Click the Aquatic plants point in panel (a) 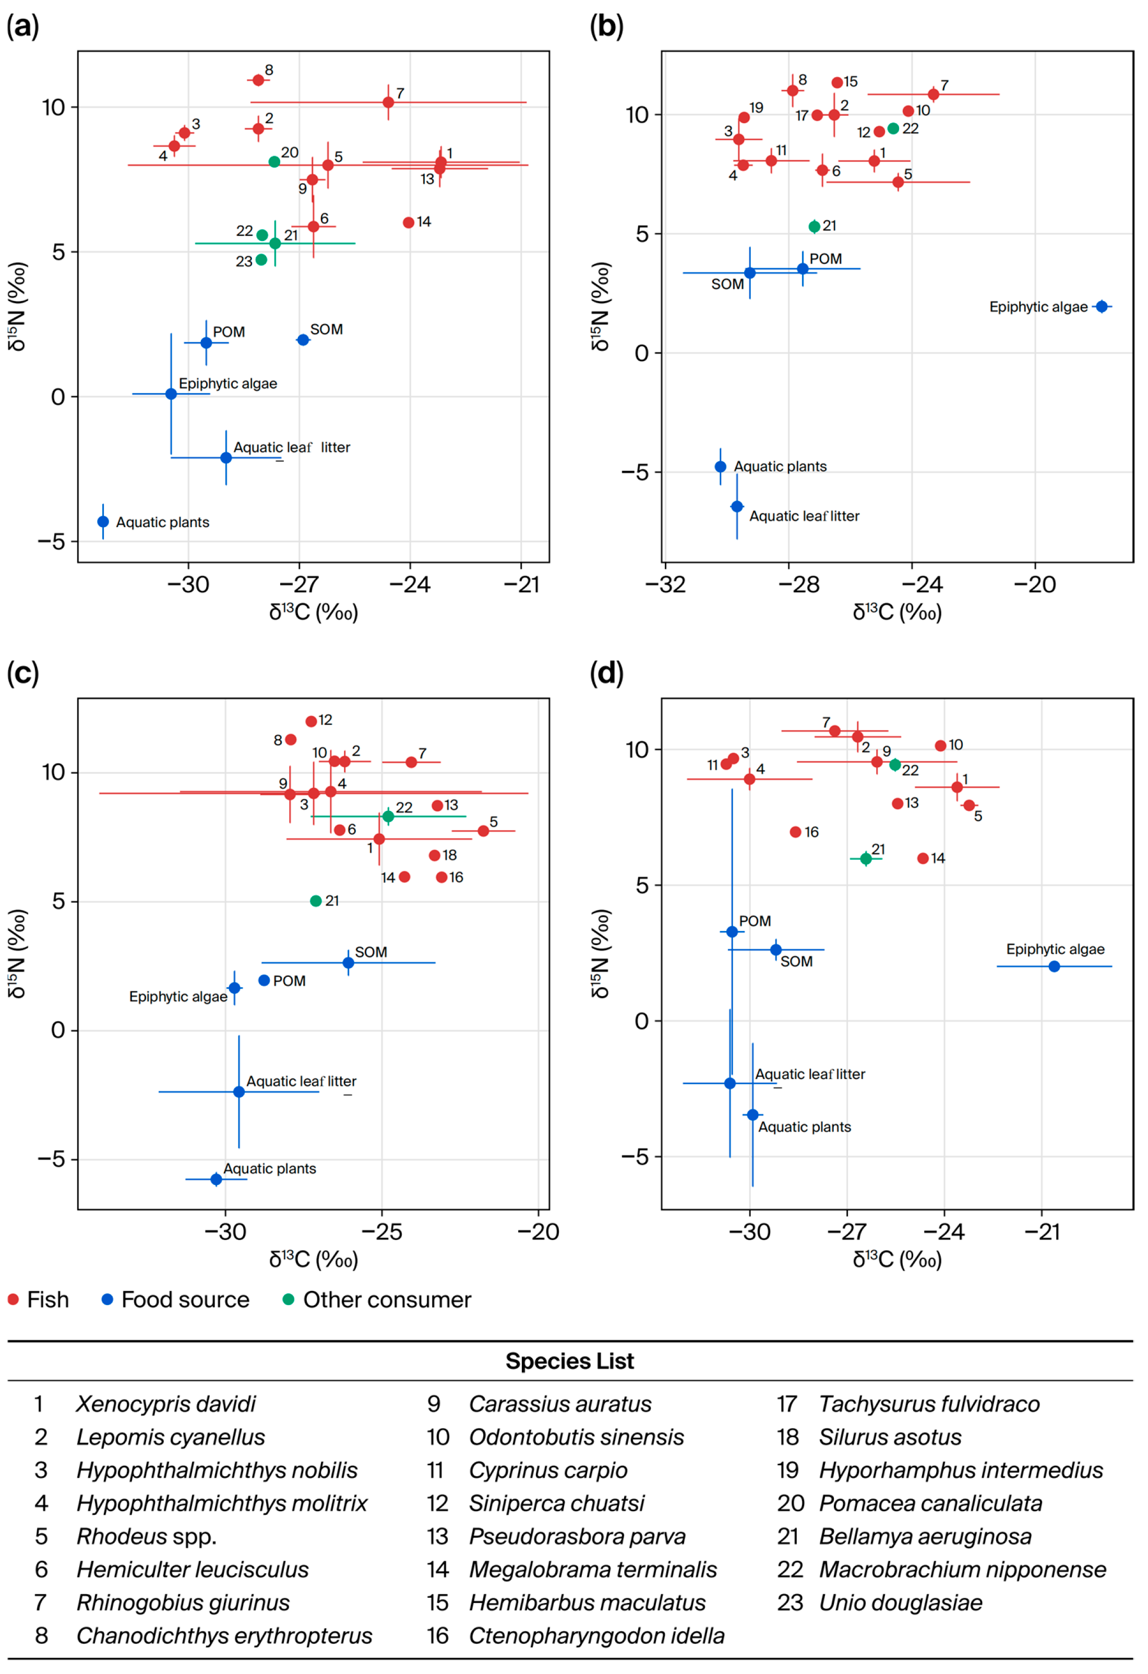coord(103,521)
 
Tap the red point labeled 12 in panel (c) coord(311,721)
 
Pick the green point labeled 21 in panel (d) coord(866,858)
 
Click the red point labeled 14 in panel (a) coord(409,223)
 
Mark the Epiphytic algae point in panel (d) coord(1055,966)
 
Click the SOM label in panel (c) coord(371,952)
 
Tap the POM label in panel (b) coord(826,259)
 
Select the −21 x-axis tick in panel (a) coord(521,584)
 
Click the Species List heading coord(570,1361)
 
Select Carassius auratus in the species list coord(559,1404)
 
